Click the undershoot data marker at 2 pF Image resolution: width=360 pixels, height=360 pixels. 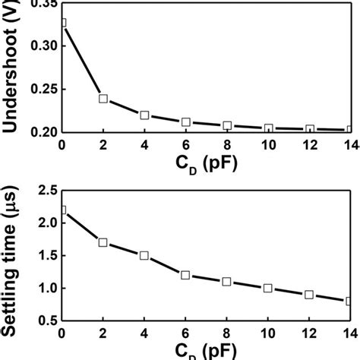(x=103, y=99)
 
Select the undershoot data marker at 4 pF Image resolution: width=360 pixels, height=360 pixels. (x=144, y=115)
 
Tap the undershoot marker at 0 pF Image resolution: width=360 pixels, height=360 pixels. (x=62, y=23)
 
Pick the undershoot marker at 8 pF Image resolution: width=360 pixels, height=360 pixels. (x=227, y=125)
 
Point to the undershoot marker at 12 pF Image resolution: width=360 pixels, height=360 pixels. (x=309, y=130)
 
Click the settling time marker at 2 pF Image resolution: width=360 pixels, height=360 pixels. (x=103, y=243)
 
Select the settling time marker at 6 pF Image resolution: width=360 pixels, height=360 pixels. (x=185, y=275)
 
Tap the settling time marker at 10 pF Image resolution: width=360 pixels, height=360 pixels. (x=268, y=288)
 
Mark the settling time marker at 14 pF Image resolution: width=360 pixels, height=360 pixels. (x=349, y=301)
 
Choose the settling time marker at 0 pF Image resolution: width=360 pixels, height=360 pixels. (x=62, y=210)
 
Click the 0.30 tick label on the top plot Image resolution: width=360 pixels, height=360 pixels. (x=39, y=46)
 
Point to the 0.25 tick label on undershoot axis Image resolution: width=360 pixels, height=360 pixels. (x=39, y=89)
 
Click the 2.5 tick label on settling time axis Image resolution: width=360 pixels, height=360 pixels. (x=45, y=190)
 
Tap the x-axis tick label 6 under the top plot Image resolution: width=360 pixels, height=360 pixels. (x=185, y=146)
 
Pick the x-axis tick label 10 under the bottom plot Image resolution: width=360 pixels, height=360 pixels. (x=268, y=335)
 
